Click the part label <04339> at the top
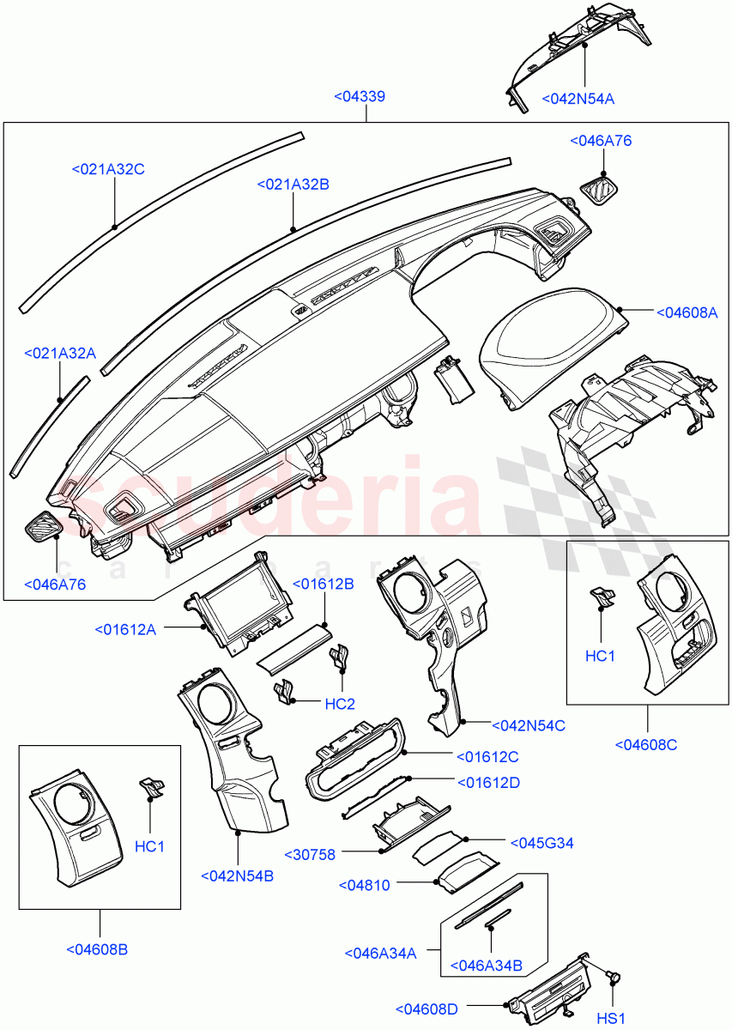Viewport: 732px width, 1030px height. click(x=359, y=97)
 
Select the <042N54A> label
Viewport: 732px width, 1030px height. click(x=578, y=99)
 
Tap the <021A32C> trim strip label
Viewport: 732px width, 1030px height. click(x=107, y=169)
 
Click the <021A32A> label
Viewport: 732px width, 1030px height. click(x=60, y=353)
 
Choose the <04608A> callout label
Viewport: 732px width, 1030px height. click(x=687, y=312)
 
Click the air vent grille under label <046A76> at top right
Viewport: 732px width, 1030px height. click(x=600, y=188)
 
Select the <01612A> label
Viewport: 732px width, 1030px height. click(x=125, y=630)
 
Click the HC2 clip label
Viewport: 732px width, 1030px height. click(x=340, y=704)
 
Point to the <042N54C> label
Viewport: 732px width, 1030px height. click(x=528, y=725)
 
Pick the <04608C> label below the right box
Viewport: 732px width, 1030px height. click(x=646, y=744)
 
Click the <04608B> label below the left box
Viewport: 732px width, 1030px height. click(x=97, y=949)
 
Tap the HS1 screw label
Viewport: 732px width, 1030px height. click(x=611, y=1019)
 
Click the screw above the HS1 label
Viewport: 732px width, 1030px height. click(x=614, y=976)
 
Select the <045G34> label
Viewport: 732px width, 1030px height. click(x=541, y=843)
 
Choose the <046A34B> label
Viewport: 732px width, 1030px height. click(x=487, y=966)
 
